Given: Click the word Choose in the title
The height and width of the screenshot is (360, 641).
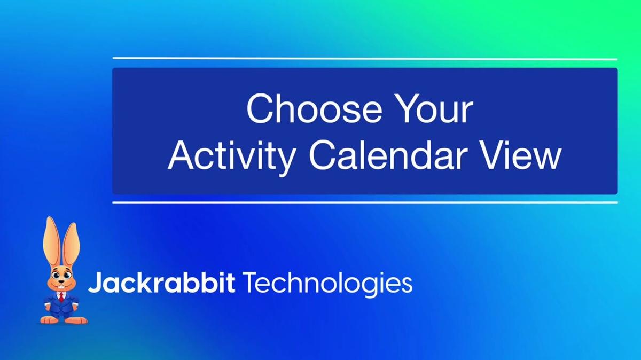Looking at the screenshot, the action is tap(314, 109).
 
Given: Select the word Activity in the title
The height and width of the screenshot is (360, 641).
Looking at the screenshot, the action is tap(231, 156).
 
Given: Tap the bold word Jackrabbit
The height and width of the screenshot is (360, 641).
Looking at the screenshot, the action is tap(162, 283).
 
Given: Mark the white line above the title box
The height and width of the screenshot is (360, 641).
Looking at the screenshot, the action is tap(365, 59).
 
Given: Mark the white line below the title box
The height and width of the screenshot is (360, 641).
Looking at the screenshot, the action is tap(365, 202).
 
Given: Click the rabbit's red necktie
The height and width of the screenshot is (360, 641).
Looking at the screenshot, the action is tap(61, 297).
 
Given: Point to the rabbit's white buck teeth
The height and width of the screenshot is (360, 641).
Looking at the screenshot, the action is tap(61, 286).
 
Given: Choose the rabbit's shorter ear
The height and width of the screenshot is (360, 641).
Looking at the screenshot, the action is tap(71, 246).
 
